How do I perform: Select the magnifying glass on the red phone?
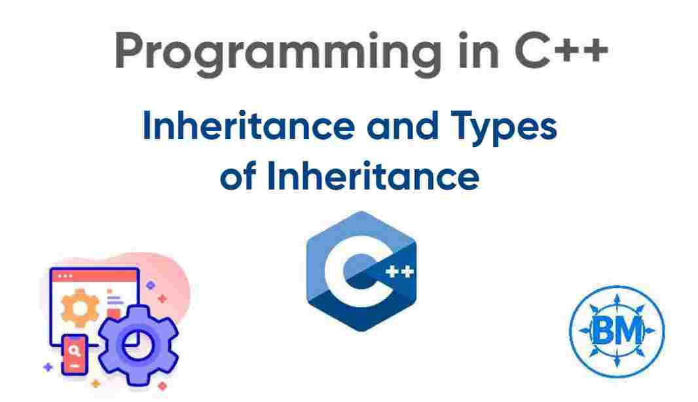(75, 352)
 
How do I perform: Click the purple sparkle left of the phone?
(47, 367)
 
